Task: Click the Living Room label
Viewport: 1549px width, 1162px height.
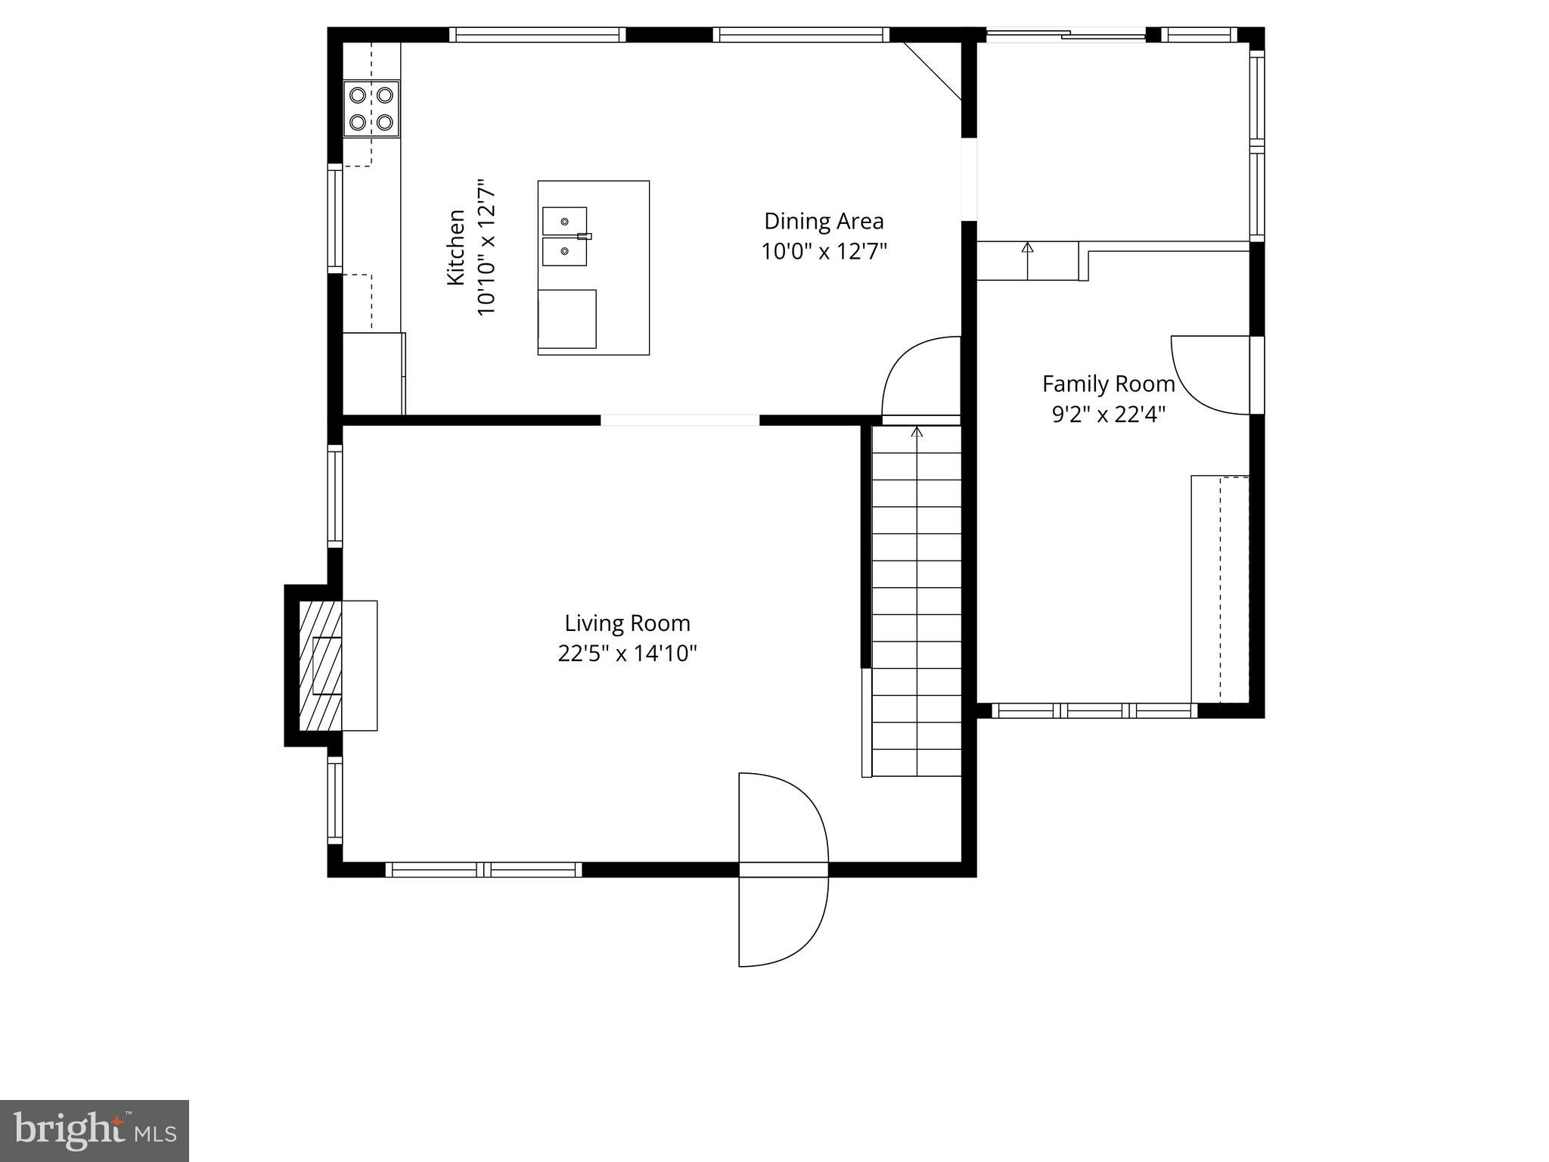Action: [627, 623]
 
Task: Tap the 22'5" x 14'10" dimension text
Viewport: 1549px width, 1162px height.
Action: [627, 654]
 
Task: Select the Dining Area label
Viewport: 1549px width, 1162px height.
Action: [824, 221]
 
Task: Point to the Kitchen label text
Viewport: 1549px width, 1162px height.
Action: [456, 248]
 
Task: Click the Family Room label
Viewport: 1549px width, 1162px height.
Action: [1108, 384]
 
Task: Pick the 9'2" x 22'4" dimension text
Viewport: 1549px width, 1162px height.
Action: [1108, 415]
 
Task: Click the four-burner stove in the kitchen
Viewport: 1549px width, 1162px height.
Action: [371, 108]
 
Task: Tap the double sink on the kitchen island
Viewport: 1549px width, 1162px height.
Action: [565, 236]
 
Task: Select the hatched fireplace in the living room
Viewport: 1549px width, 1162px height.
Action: [320, 666]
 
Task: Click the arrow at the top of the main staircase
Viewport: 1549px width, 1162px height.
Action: [917, 432]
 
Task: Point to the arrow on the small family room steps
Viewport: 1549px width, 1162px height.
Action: [1027, 247]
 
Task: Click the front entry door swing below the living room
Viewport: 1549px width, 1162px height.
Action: [783, 870]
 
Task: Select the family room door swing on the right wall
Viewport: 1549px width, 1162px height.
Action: [1210, 375]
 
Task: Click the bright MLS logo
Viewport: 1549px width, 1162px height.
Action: [95, 1130]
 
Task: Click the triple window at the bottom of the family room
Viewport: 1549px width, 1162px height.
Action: [1094, 710]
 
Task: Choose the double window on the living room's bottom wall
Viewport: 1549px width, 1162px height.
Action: [484, 870]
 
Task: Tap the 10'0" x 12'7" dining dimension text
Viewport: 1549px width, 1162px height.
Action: [824, 251]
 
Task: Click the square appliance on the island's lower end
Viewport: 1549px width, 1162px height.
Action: [567, 318]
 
